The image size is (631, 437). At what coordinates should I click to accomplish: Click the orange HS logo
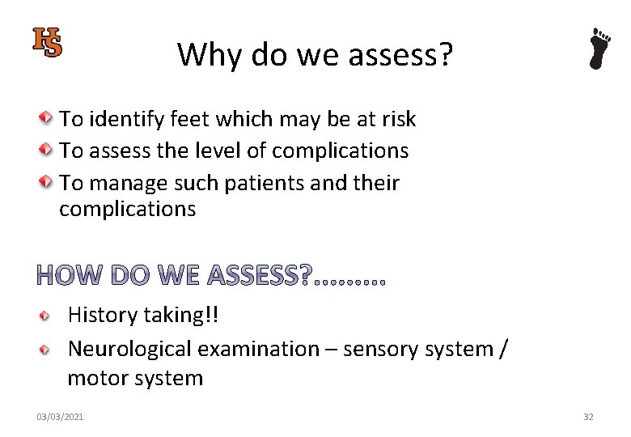pos(47,42)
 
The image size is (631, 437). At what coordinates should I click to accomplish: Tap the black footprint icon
pos(599,49)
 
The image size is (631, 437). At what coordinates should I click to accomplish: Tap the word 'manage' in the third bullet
pos(127,183)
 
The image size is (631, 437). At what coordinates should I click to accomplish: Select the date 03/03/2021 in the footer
pos(60,417)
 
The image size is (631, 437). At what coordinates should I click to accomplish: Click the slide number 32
pos(588,417)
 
